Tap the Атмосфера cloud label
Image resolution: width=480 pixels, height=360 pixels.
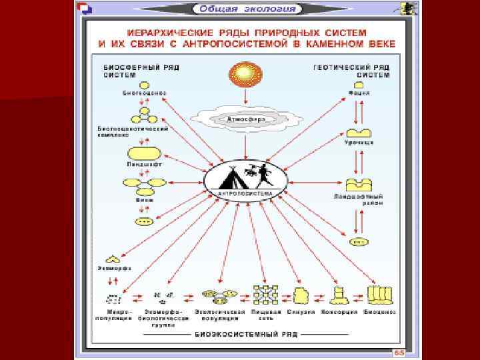(x=246, y=119)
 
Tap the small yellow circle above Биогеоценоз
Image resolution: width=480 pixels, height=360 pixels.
(x=143, y=85)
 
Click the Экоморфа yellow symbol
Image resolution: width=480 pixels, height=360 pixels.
(x=112, y=258)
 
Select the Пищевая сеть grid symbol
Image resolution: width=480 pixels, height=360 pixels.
(x=264, y=294)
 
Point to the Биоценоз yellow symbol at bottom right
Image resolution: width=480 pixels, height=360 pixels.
(x=379, y=294)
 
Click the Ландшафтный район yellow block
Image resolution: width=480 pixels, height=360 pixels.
(x=358, y=185)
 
